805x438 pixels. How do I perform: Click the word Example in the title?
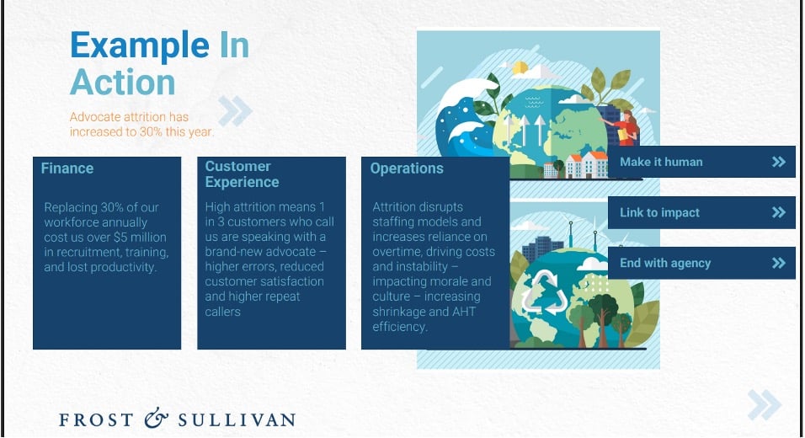point(140,46)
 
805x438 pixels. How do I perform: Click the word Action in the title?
point(123,83)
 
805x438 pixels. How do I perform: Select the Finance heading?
point(67,168)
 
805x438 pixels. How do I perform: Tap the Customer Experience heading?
point(242,174)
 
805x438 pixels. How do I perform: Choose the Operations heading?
point(407,168)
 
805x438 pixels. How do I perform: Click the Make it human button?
point(701,162)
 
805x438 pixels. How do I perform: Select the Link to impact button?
point(701,212)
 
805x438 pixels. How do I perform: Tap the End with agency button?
point(701,263)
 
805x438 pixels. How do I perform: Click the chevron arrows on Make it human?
point(779,162)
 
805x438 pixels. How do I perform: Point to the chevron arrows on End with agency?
point(779,263)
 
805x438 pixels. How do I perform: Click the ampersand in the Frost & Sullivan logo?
point(156,419)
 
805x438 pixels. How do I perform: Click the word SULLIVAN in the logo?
point(237,420)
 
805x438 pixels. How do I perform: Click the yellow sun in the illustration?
point(520,67)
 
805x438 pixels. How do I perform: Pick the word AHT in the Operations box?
point(464,312)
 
